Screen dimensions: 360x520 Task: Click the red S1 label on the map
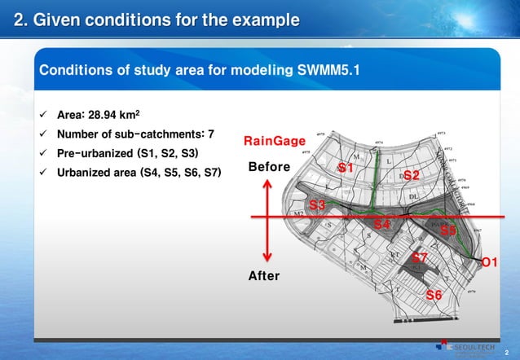pyautogui.click(x=346, y=168)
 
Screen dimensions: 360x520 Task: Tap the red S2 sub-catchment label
pyautogui.click(x=412, y=175)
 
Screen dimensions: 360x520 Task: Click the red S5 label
pyautogui.click(x=448, y=231)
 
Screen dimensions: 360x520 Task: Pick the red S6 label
pyautogui.click(x=434, y=294)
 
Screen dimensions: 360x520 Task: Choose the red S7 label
pyautogui.click(x=420, y=257)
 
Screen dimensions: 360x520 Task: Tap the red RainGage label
pyautogui.click(x=275, y=142)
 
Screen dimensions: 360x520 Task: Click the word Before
pyautogui.click(x=269, y=167)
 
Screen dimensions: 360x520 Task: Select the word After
pyautogui.click(x=263, y=276)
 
